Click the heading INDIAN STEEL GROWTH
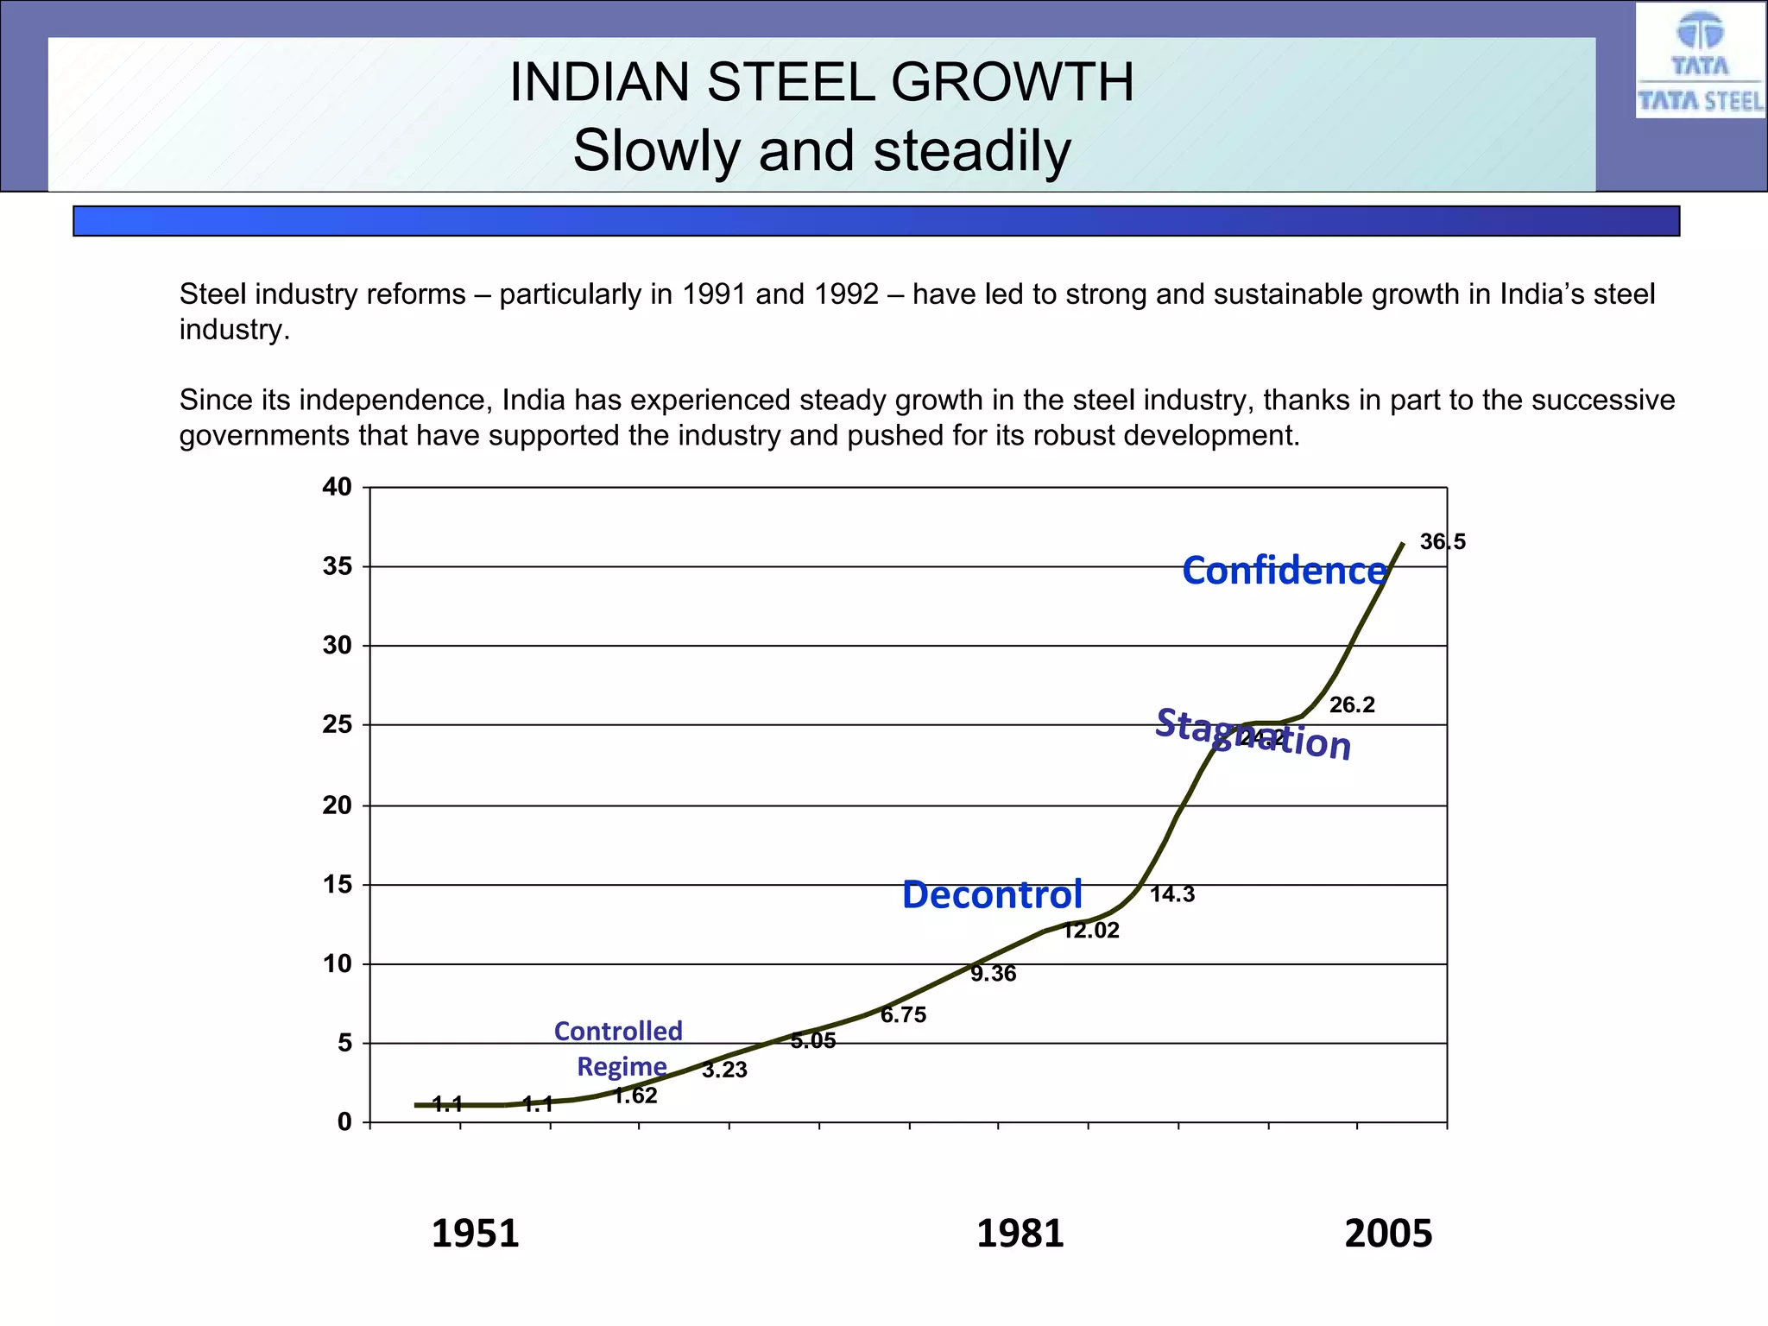pos(821,83)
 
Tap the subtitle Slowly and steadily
pos(821,151)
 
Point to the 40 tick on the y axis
pos(337,487)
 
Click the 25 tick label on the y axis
pos(337,724)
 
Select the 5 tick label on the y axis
pos(344,1043)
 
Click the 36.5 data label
pos(1443,542)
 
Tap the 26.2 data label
pos(1352,705)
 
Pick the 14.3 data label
pos(1172,894)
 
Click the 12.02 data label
pos(1090,931)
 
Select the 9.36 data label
pos(993,974)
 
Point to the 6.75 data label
pos(903,1015)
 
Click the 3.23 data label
pos(724,1070)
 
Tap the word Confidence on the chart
pos(1284,571)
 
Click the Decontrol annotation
pos(992,895)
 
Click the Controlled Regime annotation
pos(619,1048)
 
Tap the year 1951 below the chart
pos(475,1234)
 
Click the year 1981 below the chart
pos(1020,1234)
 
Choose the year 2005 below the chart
pos(1387,1234)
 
